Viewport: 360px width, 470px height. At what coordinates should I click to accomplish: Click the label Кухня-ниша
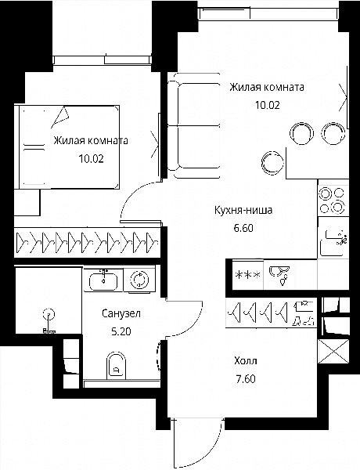tap(243, 210)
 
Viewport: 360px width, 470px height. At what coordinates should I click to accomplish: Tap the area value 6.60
tap(243, 228)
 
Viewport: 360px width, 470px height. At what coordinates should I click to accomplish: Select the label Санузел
tap(121, 314)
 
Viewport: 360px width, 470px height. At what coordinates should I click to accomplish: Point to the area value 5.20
tap(121, 331)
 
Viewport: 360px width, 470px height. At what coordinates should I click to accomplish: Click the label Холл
tap(246, 361)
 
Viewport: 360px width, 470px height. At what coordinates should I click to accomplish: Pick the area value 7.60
tap(246, 379)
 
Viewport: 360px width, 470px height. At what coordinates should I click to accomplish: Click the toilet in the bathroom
tap(116, 365)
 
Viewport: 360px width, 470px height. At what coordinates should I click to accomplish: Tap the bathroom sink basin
tap(103, 281)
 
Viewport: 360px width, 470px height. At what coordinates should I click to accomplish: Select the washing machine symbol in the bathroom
tap(139, 280)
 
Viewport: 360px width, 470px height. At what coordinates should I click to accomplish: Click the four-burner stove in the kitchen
tap(333, 200)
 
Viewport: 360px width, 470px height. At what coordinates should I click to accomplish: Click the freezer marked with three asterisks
tap(247, 275)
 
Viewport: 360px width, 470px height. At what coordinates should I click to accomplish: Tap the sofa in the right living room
tap(193, 126)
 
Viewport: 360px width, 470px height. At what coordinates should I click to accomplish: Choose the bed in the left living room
tap(70, 147)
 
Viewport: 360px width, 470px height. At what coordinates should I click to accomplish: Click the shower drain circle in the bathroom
tap(49, 314)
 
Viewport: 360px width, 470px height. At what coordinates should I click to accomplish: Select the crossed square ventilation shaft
tap(333, 351)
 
